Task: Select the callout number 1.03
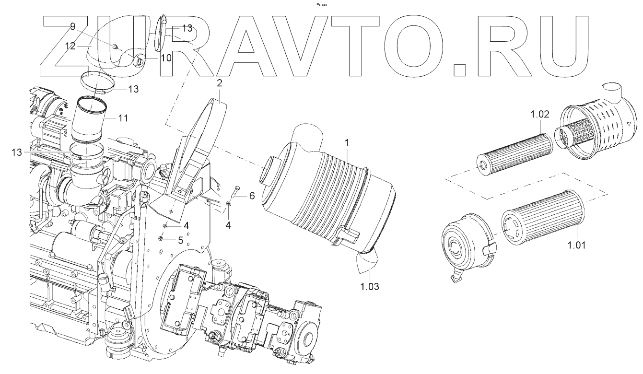click(370, 287)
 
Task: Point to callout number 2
click(219, 83)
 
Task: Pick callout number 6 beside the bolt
click(252, 197)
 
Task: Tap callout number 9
click(73, 26)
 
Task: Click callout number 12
click(71, 46)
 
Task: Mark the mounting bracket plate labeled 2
click(201, 144)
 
